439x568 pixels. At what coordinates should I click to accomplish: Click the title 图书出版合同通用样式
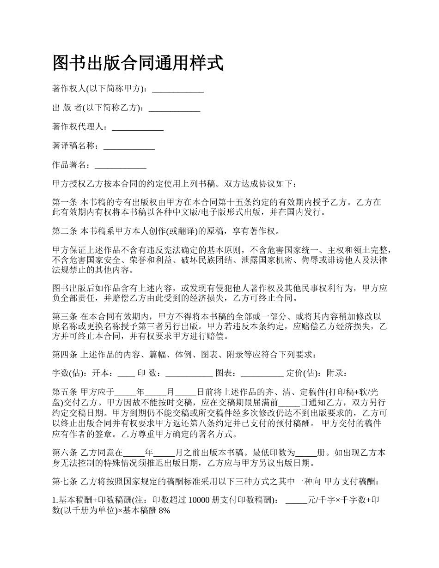[138, 63]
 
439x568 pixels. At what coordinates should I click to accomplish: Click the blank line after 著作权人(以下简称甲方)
[178, 89]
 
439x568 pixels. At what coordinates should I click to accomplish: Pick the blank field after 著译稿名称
[129, 146]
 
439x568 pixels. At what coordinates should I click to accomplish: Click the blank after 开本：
[126, 373]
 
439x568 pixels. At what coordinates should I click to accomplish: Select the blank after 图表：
[262, 373]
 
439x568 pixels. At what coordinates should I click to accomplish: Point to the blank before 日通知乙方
[289, 402]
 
